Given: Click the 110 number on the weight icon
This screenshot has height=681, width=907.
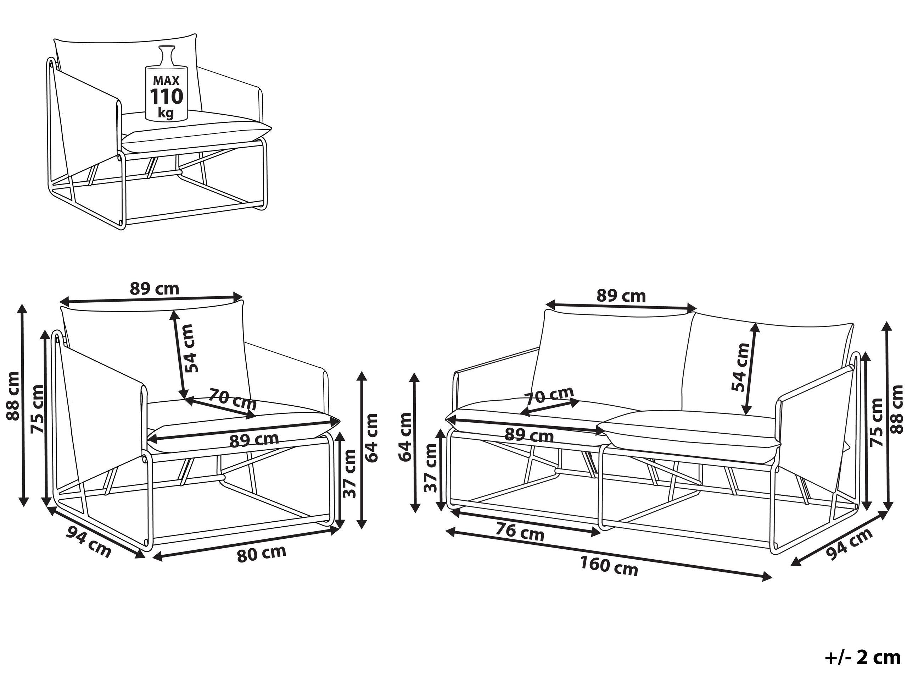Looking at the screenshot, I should [x=166, y=97].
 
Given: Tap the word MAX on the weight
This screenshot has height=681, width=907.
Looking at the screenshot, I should [x=166, y=80].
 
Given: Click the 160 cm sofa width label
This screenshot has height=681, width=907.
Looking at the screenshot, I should [x=609, y=567].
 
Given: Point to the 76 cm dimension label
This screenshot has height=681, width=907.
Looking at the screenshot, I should [x=520, y=533].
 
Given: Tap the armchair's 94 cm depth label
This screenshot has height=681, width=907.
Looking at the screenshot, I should [x=88, y=542].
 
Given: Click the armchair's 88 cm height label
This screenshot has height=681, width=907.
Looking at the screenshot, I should [x=13, y=395].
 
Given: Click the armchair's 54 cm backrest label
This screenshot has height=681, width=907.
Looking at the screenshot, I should [x=191, y=348].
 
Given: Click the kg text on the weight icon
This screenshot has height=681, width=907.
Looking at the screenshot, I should [x=166, y=112].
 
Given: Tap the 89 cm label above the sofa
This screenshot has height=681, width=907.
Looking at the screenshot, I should [x=621, y=296].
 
